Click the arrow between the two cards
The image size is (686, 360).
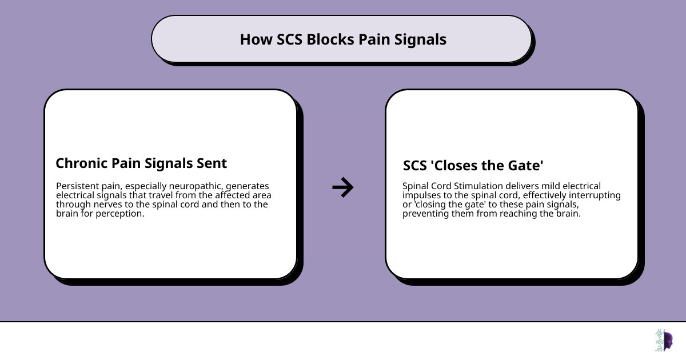(x=343, y=187)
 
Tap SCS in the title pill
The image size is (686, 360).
(x=290, y=39)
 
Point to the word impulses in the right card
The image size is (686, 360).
(x=421, y=195)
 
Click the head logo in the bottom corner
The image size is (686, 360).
(x=664, y=341)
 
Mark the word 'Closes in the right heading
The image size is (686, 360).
(x=453, y=166)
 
